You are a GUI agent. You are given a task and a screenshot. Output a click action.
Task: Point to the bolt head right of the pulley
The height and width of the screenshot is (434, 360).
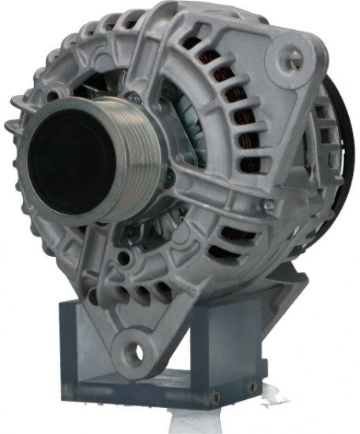(x=169, y=178)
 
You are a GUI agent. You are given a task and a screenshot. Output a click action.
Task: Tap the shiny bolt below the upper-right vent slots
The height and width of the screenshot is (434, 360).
(x=269, y=204)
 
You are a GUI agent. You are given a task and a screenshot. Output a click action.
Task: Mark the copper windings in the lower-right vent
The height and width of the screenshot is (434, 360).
(x=237, y=236)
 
